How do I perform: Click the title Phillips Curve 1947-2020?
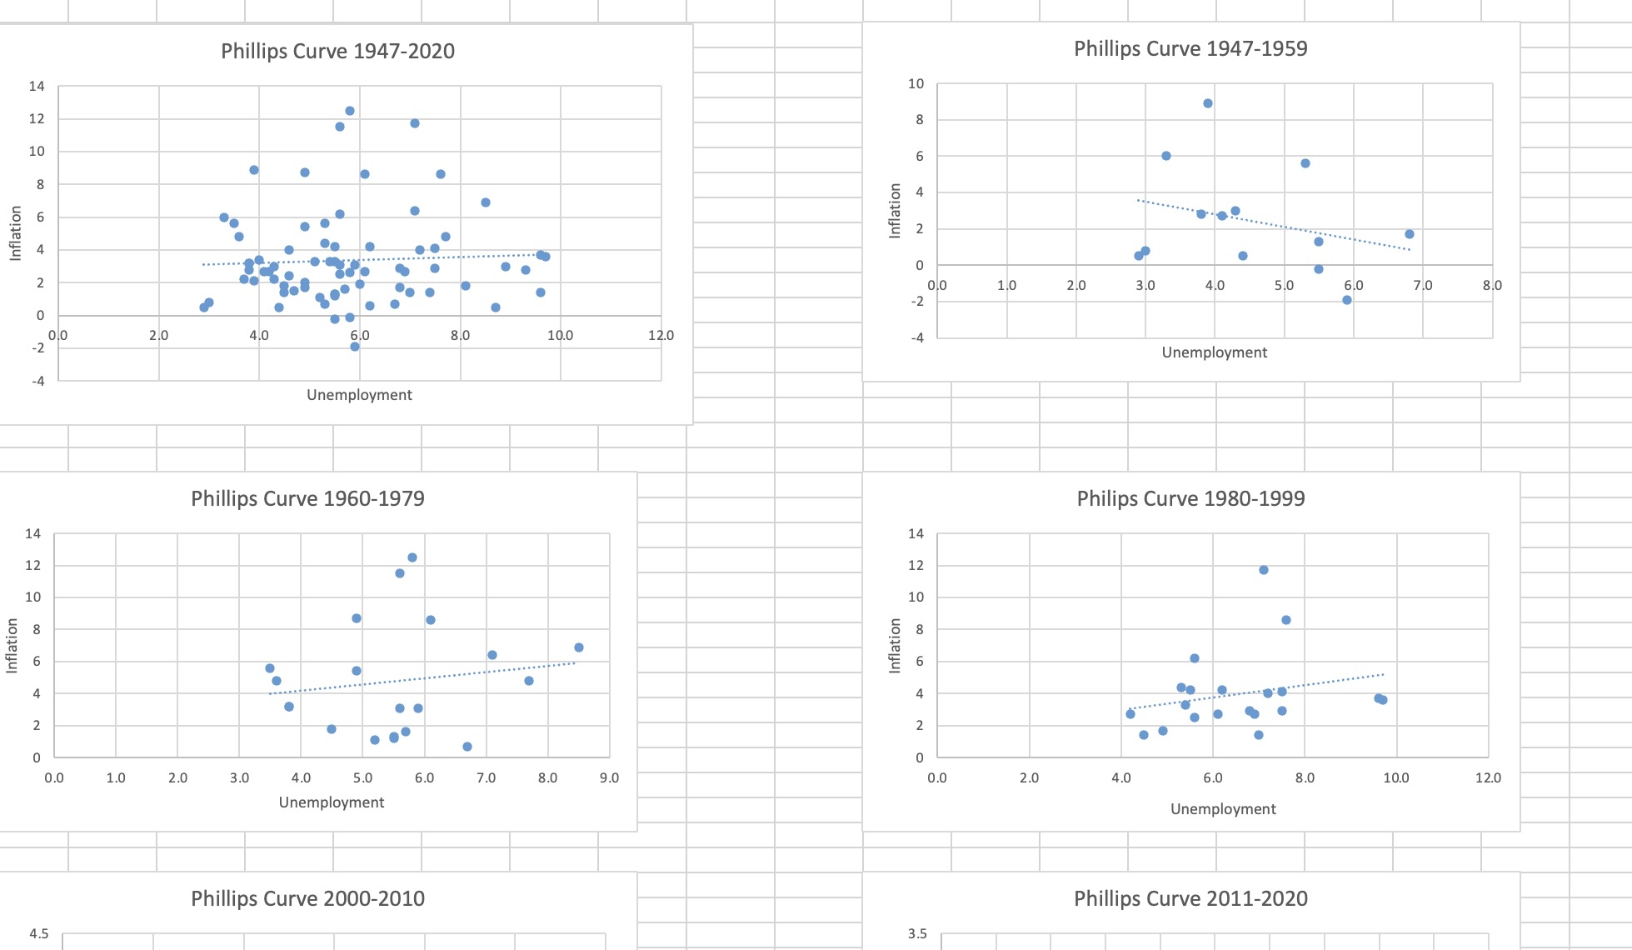click(337, 52)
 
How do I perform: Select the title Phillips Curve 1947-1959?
click(1190, 49)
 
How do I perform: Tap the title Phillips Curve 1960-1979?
click(307, 499)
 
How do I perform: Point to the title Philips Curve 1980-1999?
click(1190, 499)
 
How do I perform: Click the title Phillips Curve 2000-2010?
click(307, 899)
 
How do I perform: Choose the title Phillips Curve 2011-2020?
click(1190, 899)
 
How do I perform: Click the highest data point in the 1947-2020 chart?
click(350, 111)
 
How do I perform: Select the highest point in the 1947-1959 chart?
click(1208, 103)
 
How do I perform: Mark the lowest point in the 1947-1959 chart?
click(1347, 300)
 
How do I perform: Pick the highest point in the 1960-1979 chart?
click(412, 557)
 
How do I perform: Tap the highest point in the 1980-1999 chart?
click(1264, 570)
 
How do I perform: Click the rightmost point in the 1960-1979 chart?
click(579, 647)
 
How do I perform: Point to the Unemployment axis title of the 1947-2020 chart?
click(359, 395)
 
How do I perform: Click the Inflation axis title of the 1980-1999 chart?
click(896, 646)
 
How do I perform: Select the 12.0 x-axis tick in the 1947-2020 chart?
click(661, 336)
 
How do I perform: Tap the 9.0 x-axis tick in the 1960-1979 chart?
click(609, 778)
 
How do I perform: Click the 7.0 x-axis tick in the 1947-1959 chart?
click(1423, 286)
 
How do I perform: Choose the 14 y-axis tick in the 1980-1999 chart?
click(916, 534)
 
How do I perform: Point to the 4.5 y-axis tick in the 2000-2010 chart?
click(39, 934)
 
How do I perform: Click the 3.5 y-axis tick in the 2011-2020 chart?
click(917, 934)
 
